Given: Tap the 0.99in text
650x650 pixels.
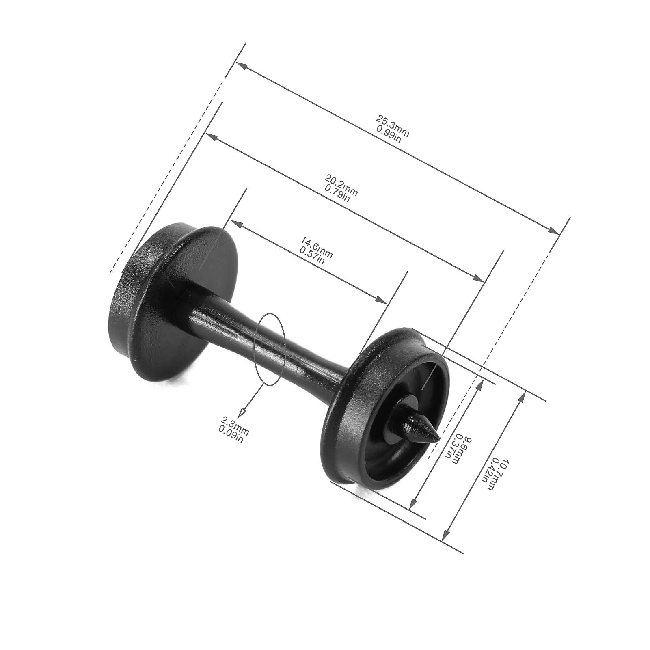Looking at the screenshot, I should [x=389, y=134].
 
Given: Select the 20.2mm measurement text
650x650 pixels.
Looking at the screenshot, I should [x=341, y=185].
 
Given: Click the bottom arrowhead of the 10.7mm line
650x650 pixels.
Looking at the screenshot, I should [x=446, y=536].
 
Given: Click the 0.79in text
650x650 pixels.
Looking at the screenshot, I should [x=337, y=193].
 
